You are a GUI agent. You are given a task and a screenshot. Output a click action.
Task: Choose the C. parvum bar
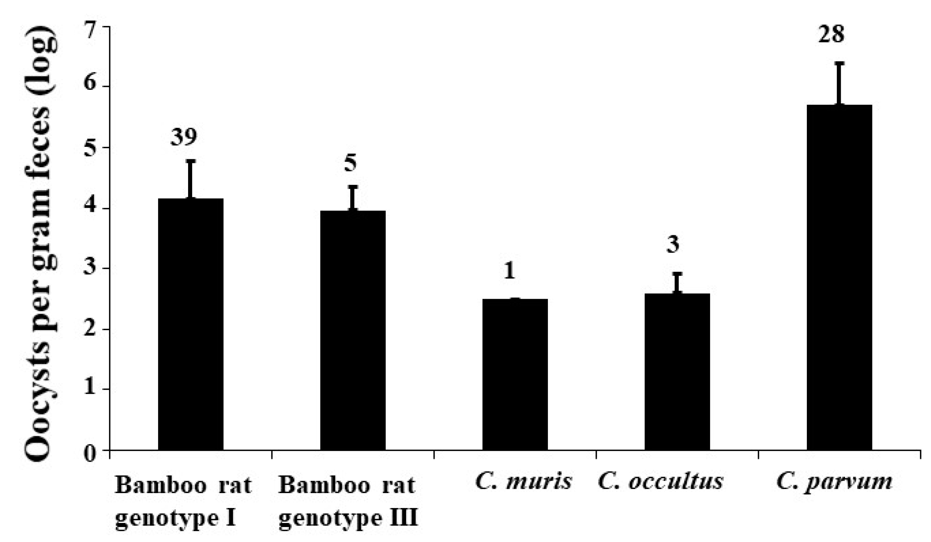coord(839,277)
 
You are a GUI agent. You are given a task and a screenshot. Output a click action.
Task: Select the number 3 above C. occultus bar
coord(673,245)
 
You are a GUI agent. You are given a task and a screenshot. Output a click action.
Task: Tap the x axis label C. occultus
coord(660,482)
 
